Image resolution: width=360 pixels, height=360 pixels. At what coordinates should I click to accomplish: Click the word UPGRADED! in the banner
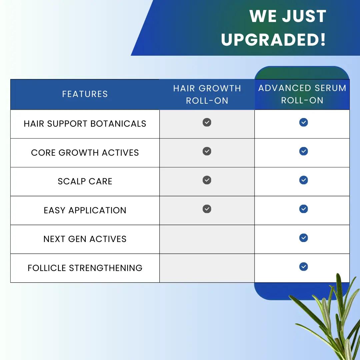273,40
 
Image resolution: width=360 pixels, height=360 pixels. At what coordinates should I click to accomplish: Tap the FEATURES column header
85,94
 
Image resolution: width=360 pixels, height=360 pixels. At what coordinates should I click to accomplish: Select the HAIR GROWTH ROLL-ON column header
207,94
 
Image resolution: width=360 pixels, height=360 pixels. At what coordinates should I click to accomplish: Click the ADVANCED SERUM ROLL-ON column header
302,94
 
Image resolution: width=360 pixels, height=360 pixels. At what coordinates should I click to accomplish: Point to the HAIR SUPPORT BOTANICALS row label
85,124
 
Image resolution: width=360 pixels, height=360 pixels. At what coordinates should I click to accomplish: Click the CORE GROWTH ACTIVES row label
85,153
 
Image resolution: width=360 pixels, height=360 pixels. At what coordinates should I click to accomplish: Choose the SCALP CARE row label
85,181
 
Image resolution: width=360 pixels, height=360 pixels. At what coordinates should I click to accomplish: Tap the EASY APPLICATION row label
85,210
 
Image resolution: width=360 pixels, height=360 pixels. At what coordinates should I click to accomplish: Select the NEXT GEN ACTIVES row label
85,239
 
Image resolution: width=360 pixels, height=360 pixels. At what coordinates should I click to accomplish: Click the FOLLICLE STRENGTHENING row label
85,268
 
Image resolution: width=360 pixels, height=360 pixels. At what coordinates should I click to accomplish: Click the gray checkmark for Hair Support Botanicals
207,122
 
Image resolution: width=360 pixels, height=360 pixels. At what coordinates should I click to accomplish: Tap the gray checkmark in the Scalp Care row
207,180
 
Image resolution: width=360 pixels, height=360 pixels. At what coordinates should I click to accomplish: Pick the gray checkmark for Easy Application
207,209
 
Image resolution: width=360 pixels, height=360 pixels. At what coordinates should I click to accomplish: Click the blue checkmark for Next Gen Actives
303,238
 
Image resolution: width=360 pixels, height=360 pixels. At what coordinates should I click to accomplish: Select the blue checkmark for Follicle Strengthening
303,267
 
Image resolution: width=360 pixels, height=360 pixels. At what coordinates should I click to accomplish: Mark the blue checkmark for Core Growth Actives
303,151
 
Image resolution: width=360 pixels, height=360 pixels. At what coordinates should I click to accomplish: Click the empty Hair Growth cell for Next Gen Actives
207,239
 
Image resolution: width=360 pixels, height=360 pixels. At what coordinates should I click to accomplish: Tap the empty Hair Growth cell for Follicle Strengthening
207,268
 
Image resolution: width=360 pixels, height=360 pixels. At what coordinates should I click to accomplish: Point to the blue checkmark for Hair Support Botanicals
303,122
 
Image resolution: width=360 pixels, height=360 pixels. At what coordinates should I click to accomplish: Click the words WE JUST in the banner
288,16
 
